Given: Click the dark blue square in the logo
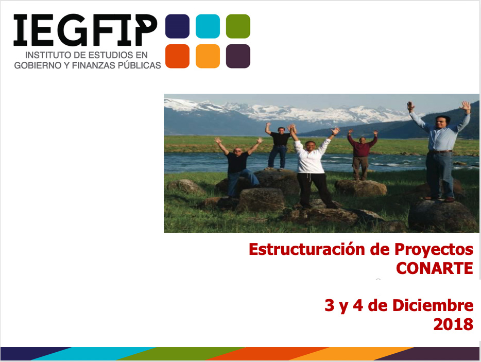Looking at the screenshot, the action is tap(177, 26).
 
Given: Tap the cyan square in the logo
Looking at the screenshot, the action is tap(208, 26).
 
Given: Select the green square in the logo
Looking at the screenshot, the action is tap(238, 26).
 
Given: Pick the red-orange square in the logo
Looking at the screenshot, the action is tap(177, 56).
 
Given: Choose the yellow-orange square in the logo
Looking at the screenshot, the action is tap(208, 56).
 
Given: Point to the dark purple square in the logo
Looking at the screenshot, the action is tap(238, 56).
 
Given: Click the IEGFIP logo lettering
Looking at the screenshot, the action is tap(85, 30).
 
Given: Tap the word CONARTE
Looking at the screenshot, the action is tap(434, 268).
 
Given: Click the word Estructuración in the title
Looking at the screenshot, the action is tap(307, 249).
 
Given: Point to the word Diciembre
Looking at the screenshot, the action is tap(433, 305).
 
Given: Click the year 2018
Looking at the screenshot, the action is tap(453, 324).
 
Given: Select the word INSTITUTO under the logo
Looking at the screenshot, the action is tap(45, 55).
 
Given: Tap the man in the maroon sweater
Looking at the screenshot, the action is tap(362, 155).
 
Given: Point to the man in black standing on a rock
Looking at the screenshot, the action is tap(279, 147).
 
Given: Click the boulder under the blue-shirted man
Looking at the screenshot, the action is tap(441, 216).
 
